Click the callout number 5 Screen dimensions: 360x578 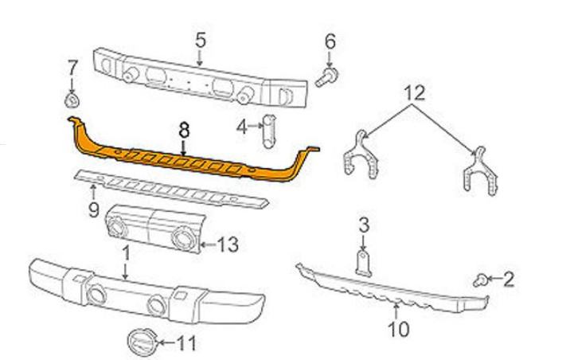coord(200,38)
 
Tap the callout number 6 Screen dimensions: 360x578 coord(330,41)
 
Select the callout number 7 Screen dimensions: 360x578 coord(72,65)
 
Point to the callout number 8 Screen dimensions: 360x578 coord(184,127)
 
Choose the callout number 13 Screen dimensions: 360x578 coord(228,245)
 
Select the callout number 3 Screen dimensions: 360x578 coord(364,225)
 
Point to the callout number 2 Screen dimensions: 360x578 coord(508,278)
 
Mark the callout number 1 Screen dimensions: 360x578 coord(125,252)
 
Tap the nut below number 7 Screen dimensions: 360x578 coord(71,100)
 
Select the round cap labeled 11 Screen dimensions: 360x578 coord(139,342)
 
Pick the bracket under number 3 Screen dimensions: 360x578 coord(364,263)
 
